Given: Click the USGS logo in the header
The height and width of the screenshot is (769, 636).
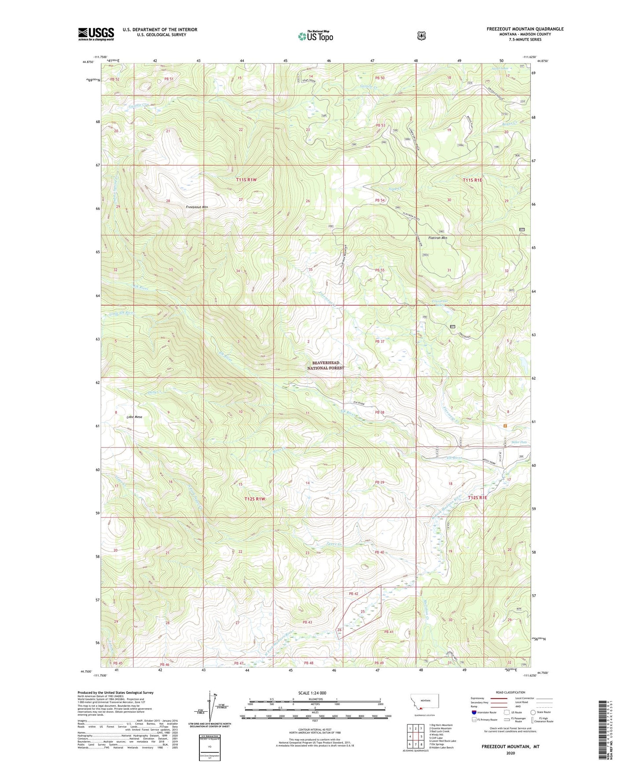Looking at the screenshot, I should (96, 33).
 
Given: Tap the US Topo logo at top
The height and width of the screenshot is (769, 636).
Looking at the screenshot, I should (315, 36).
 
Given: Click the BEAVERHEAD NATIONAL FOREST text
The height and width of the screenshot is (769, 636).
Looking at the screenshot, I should (325, 365).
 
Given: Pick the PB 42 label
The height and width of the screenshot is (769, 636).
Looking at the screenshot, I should (353, 594).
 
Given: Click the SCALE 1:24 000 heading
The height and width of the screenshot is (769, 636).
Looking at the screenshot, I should (312, 693).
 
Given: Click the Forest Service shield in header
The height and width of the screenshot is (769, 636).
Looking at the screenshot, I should (421, 35).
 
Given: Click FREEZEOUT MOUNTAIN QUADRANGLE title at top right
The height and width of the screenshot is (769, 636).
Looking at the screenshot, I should (525, 29).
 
